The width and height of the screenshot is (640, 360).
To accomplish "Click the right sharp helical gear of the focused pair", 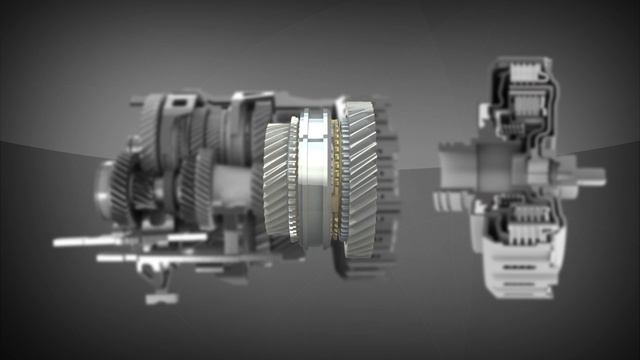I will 357,180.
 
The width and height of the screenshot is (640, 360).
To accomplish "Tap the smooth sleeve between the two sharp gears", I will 318,180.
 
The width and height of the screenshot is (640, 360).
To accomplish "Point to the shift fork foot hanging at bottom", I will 159,296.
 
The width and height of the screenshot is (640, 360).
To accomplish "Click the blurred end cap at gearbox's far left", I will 102,190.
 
